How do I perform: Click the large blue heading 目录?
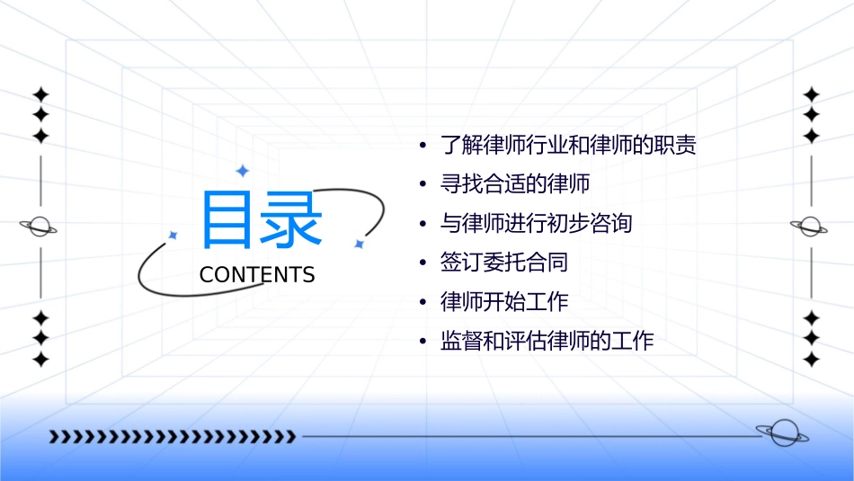[261, 219]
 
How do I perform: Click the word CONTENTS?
[257, 275]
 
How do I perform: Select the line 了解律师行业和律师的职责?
[568, 145]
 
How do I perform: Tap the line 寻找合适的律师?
[515, 184]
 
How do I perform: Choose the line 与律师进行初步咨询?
[537, 223]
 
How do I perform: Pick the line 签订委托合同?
[504, 263]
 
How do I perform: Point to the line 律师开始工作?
[504, 302]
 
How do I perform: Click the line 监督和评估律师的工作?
[547, 342]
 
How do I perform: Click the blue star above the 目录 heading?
[242, 171]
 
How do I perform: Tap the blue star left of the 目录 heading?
[173, 236]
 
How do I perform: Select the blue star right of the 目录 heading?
[359, 244]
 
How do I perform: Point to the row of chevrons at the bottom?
[173, 437]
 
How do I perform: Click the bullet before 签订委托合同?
[422, 263]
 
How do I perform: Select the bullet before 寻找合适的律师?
[422, 185]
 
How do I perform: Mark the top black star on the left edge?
[40, 94]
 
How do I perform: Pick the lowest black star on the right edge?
[811, 360]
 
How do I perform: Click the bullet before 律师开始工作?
[422, 303]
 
